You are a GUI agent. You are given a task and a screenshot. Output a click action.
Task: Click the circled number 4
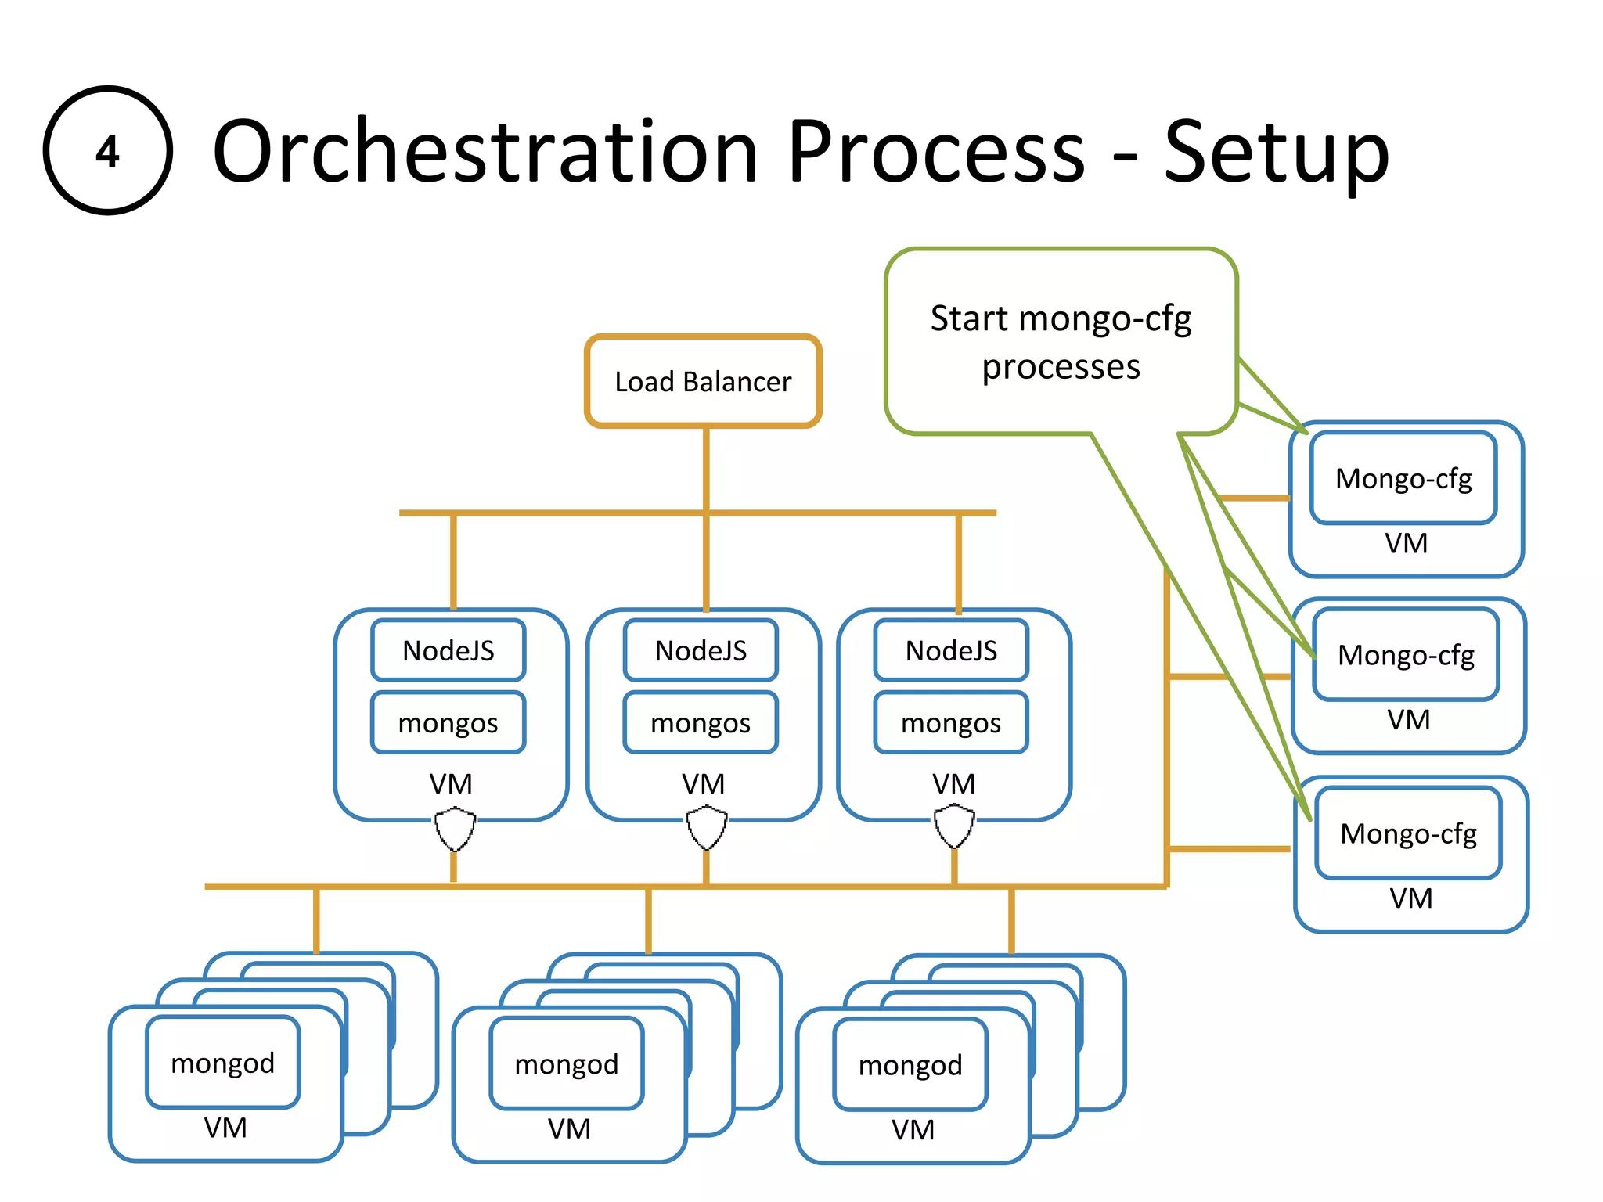pyautogui.click(x=107, y=150)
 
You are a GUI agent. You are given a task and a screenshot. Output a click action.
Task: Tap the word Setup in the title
pyautogui.click(x=1276, y=153)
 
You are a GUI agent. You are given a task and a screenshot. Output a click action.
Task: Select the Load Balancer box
pyautogui.click(x=703, y=382)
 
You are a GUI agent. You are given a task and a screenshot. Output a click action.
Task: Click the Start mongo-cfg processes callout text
pyautogui.click(x=1061, y=342)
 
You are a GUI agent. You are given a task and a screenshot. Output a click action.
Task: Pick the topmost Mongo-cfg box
pyautogui.click(x=1403, y=478)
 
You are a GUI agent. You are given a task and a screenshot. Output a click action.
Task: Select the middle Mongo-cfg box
pyautogui.click(x=1406, y=655)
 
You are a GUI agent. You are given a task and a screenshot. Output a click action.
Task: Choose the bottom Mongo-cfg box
pyautogui.click(x=1408, y=833)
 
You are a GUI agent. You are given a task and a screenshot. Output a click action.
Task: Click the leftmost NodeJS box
pyautogui.click(x=448, y=650)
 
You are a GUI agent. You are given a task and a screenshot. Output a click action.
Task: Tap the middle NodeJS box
pyautogui.click(x=701, y=650)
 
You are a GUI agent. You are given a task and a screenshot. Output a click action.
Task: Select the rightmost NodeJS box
pyautogui.click(x=951, y=650)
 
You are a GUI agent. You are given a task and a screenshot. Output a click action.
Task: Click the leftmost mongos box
pyautogui.click(x=448, y=722)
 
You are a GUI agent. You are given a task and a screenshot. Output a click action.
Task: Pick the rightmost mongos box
pyautogui.click(x=951, y=722)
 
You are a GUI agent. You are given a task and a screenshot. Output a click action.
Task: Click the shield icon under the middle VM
pyautogui.click(x=706, y=828)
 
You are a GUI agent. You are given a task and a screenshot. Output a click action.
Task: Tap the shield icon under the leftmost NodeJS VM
pyautogui.click(x=455, y=830)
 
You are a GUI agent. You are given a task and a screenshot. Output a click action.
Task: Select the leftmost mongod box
pyautogui.click(x=223, y=1063)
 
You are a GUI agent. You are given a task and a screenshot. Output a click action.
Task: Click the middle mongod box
pyautogui.click(x=567, y=1063)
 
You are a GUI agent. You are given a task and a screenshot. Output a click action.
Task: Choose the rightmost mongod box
pyautogui.click(x=910, y=1065)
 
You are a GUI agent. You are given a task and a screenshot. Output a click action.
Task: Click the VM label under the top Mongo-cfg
pyautogui.click(x=1406, y=543)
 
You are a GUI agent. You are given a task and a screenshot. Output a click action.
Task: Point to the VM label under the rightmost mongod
pyautogui.click(x=913, y=1130)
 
